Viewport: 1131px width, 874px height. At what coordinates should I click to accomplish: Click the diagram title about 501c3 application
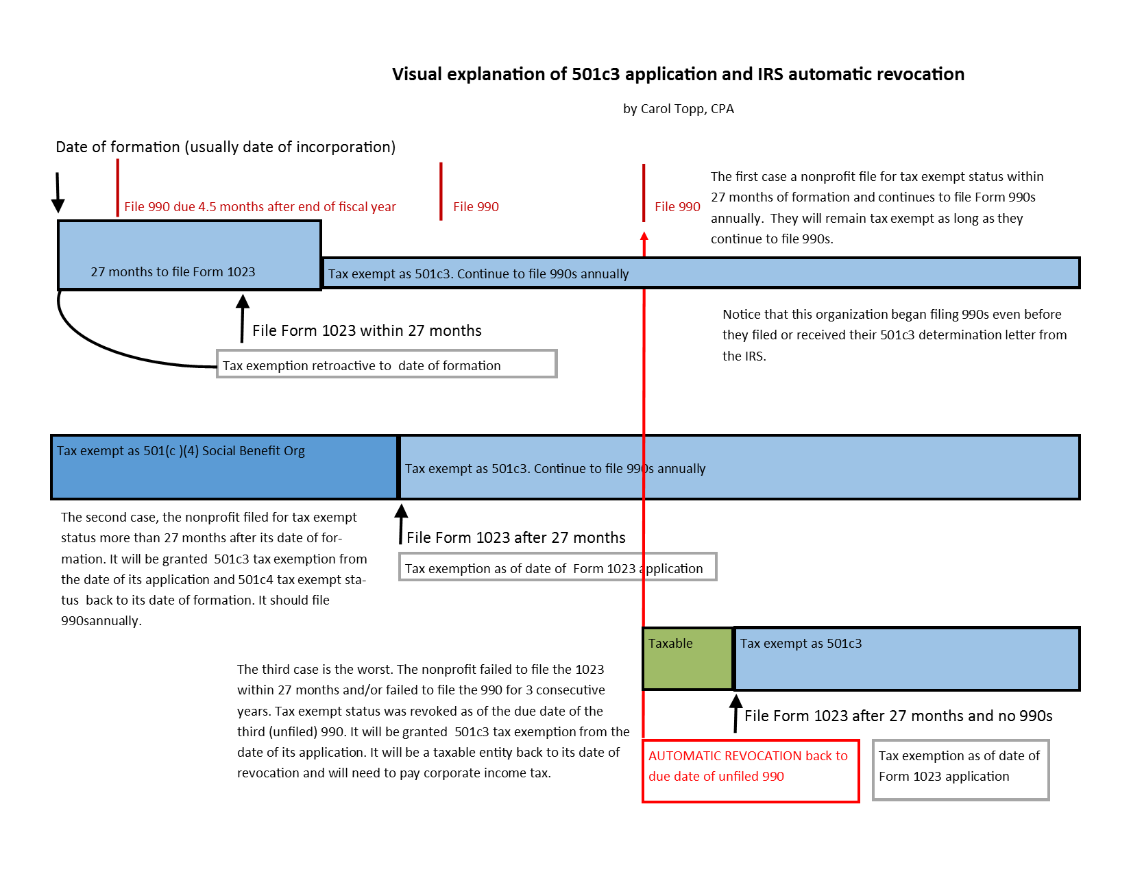pos(678,75)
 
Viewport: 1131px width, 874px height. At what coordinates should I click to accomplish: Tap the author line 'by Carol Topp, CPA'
pos(678,109)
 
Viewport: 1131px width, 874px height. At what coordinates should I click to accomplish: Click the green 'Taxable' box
pos(688,659)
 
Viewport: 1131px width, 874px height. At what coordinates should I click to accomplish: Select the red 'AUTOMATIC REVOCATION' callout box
pos(750,770)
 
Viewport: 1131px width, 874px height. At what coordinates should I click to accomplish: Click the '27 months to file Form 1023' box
pos(189,255)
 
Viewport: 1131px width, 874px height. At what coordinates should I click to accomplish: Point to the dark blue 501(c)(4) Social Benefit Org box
pos(224,467)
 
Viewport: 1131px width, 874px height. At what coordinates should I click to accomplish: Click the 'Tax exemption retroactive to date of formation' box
pos(387,364)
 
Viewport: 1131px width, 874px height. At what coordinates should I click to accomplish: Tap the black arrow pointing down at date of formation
pos(58,193)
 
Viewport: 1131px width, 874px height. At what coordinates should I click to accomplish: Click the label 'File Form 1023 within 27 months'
pos(367,330)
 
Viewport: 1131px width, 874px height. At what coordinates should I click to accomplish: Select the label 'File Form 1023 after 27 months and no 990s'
pos(898,716)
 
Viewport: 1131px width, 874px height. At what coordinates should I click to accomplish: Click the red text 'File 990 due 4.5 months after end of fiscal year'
pos(260,206)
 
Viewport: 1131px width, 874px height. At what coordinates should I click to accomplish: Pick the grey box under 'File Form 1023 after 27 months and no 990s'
pos(960,770)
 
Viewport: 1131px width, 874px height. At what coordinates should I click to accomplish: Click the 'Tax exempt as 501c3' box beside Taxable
pos(906,659)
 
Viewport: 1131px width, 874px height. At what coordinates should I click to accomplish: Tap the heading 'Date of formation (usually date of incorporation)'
pos(226,147)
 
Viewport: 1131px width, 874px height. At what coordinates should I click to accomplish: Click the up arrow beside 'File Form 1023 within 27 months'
pos(242,318)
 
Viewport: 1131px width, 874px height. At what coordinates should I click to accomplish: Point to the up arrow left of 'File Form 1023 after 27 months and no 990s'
pos(735,713)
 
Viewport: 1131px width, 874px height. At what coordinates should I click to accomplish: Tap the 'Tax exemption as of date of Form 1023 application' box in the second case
pos(557,567)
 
